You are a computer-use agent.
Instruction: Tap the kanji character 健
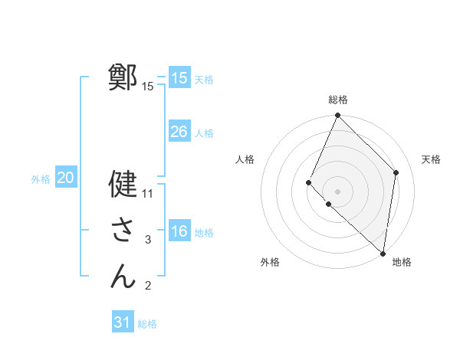pyautogui.click(x=123, y=184)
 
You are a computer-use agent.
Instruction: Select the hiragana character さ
pyautogui.click(x=123, y=230)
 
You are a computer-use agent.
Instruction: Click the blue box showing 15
pyautogui.click(x=179, y=78)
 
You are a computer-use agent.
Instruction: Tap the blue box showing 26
pyautogui.click(x=179, y=132)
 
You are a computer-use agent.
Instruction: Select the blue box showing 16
pyautogui.click(x=179, y=231)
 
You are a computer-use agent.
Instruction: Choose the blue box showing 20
pyautogui.click(x=65, y=178)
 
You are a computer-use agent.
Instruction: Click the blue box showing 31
pyautogui.click(x=122, y=322)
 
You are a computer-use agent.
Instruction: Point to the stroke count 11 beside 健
pyautogui.click(x=149, y=193)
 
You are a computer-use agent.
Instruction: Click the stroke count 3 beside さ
pyautogui.click(x=148, y=240)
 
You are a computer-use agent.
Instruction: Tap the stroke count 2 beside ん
pyautogui.click(x=148, y=286)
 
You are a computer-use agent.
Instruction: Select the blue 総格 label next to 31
pyautogui.click(x=147, y=324)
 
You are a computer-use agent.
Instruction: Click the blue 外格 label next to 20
pyautogui.click(x=41, y=179)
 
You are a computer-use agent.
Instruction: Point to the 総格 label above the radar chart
pyautogui.click(x=338, y=100)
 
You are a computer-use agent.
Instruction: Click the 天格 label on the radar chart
pyautogui.click(x=431, y=159)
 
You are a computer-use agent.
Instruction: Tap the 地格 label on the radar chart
pyautogui.click(x=402, y=262)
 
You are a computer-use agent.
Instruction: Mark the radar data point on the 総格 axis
pyautogui.click(x=338, y=116)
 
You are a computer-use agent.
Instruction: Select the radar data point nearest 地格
pyautogui.click(x=383, y=253)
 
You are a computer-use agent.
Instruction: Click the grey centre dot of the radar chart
pyautogui.click(x=338, y=191)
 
